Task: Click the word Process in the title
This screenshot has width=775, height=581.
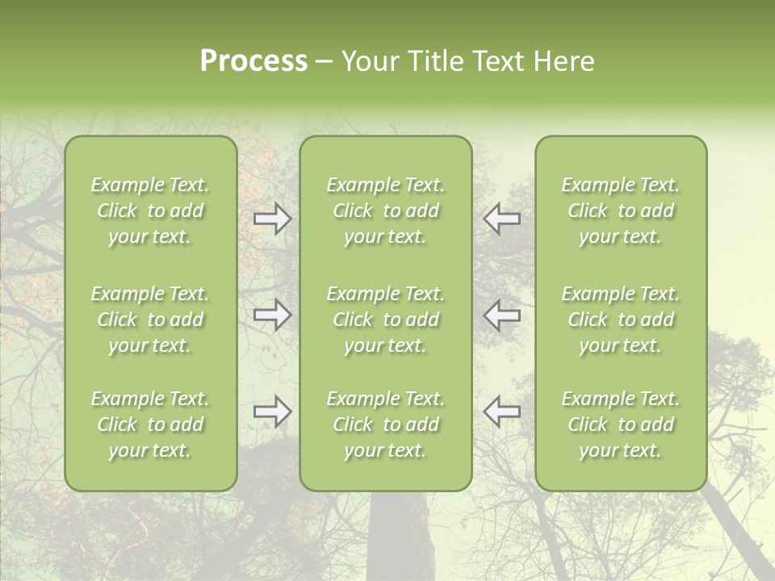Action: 253,61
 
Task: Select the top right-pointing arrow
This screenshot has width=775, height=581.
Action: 273,218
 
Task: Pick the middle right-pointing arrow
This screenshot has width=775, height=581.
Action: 273,315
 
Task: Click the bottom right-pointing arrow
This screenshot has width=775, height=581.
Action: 273,411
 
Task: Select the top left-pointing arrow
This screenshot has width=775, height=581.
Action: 502,218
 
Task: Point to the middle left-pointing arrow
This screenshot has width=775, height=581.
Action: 502,315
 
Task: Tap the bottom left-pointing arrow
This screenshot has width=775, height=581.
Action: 502,411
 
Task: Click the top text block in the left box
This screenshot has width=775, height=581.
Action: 150,211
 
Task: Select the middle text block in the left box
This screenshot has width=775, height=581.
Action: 150,320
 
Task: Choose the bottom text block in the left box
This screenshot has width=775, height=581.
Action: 150,424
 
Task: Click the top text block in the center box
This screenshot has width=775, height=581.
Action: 386,211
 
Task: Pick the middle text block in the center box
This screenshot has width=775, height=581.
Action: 386,320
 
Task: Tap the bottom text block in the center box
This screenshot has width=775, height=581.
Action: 386,424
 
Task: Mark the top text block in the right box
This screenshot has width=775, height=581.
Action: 621,211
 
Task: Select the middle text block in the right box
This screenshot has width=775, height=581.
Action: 621,320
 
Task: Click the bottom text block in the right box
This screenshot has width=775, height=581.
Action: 621,424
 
